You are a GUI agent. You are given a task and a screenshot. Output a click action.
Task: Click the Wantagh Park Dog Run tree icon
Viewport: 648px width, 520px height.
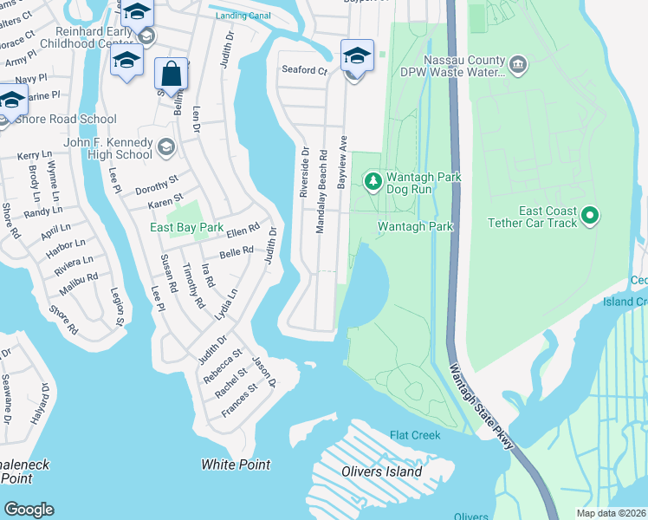point(373,181)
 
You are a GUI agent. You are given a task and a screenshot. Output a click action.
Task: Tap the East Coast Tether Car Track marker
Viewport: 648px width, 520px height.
point(590,214)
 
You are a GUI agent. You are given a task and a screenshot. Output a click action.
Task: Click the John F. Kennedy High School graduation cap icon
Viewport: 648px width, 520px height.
point(165,148)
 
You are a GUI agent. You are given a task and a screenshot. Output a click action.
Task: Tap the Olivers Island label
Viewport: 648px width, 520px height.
point(380,472)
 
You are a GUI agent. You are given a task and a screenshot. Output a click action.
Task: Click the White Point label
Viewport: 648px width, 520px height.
point(236,465)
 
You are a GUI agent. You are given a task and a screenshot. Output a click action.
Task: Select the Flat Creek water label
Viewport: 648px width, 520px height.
point(415,435)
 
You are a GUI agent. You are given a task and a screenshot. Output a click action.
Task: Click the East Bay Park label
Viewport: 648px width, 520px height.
point(186,228)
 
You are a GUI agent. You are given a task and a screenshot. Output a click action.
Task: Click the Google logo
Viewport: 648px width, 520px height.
point(29,509)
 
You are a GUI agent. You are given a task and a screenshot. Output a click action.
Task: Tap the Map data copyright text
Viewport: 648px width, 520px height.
point(610,513)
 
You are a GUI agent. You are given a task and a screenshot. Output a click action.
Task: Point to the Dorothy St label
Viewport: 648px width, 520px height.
point(156,184)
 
